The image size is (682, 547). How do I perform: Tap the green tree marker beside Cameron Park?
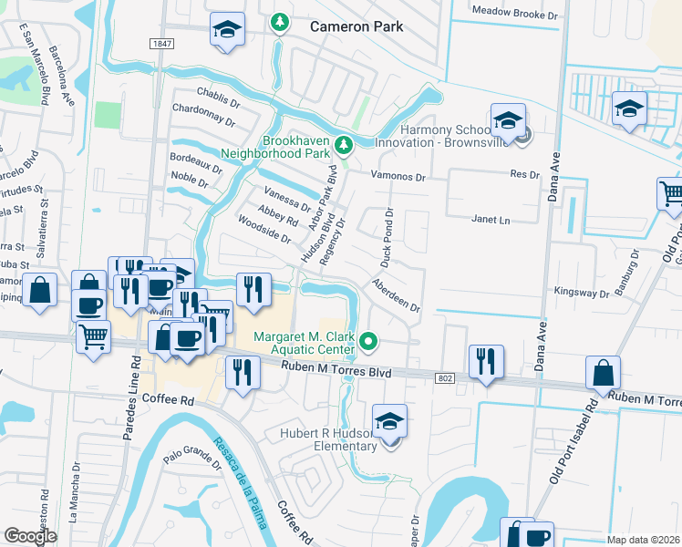pyautogui.click(x=280, y=22)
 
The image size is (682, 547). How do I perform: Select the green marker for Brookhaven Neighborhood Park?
pyautogui.click(x=344, y=144)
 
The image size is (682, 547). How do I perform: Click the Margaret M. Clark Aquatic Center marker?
pyautogui.click(x=368, y=342)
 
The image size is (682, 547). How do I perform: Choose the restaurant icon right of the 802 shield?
pyautogui.click(x=486, y=361)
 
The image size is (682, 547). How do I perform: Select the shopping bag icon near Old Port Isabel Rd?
pyautogui.click(x=604, y=374)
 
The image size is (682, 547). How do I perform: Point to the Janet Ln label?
pyautogui.click(x=489, y=220)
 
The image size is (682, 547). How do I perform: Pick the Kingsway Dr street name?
pyautogui.click(x=581, y=294)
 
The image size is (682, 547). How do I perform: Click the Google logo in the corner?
pyautogui.click(x=30, y=536)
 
